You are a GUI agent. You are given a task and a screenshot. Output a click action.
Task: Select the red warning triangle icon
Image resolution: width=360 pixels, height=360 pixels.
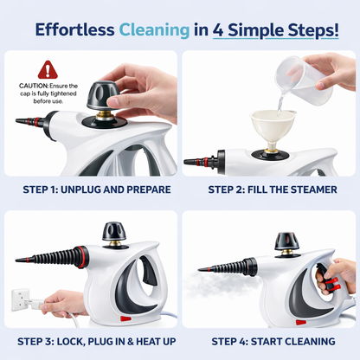[48, 70]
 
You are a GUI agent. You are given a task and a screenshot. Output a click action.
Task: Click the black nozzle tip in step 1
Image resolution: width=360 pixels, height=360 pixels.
[24, 121]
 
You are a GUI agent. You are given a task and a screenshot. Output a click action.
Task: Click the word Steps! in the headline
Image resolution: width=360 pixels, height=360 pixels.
[311, 29]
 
